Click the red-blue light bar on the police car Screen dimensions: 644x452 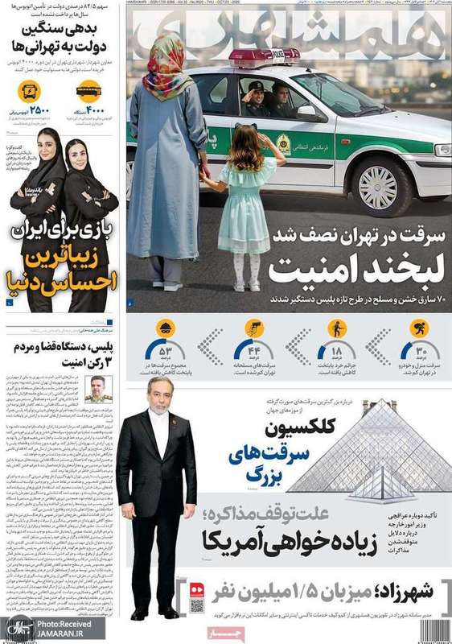pos(263,57)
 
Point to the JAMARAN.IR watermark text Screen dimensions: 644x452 pos(70,633)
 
